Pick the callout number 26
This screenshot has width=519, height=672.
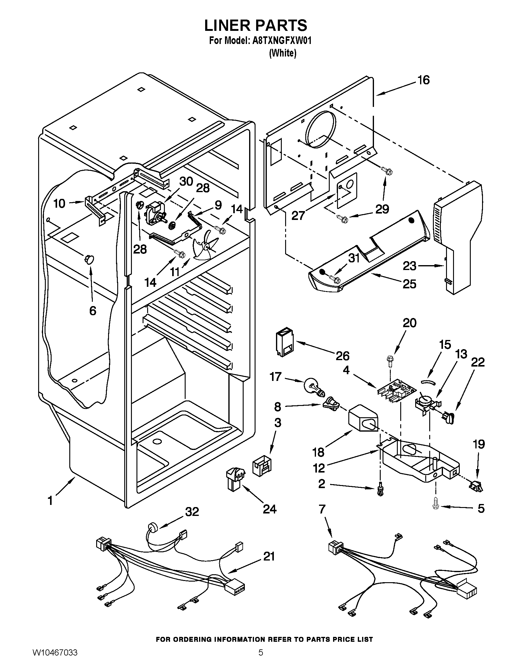[343, 356]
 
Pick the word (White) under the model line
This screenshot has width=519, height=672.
[283, 53]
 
